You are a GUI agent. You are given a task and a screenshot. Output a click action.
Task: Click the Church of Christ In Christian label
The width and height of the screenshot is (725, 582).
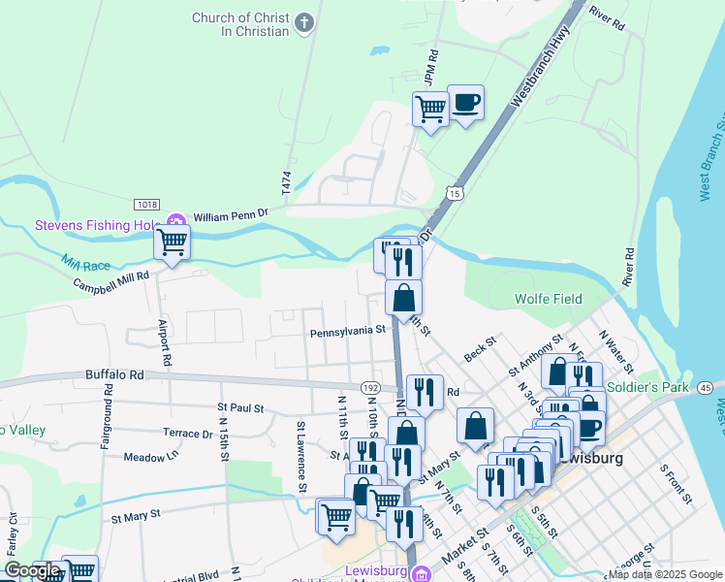click(240, 24)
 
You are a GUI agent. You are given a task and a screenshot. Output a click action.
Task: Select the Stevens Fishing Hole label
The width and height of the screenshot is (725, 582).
click(98, 225)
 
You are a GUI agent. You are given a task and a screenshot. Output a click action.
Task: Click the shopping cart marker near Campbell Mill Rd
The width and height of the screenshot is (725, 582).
click(173, 242)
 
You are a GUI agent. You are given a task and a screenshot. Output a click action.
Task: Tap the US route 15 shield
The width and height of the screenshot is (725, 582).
click(456, 193)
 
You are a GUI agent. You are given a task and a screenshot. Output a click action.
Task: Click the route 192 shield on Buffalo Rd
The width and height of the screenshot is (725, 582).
click(370, 387)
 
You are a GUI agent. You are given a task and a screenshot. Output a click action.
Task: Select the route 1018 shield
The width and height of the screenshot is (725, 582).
click(146, 204)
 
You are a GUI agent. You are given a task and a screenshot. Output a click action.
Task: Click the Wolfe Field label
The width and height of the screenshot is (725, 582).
click(549, 299)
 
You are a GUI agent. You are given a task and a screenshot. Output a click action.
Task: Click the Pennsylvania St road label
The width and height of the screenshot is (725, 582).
click(348, 332)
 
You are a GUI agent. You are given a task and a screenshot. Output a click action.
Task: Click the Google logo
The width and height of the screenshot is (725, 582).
click(32, 570)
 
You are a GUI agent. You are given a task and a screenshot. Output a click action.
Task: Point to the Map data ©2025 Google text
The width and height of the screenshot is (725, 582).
click(665, 574)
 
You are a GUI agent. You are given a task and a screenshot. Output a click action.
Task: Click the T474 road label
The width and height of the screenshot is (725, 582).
click(287, 185)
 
